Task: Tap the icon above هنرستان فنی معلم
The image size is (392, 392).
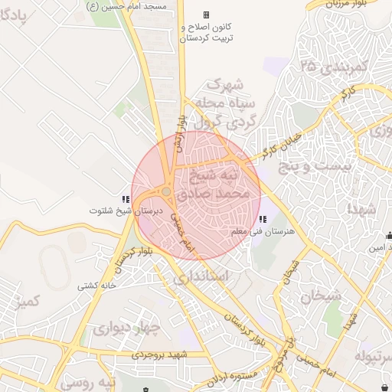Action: click(x=263, y=220)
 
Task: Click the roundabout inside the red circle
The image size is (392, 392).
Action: click(x=167, y=191)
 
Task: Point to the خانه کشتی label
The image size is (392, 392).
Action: click(x=96, y=286)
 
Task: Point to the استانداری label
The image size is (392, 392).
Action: click(x=201, y=277)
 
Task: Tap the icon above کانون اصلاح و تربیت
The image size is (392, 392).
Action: click(x=206, y=15)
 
